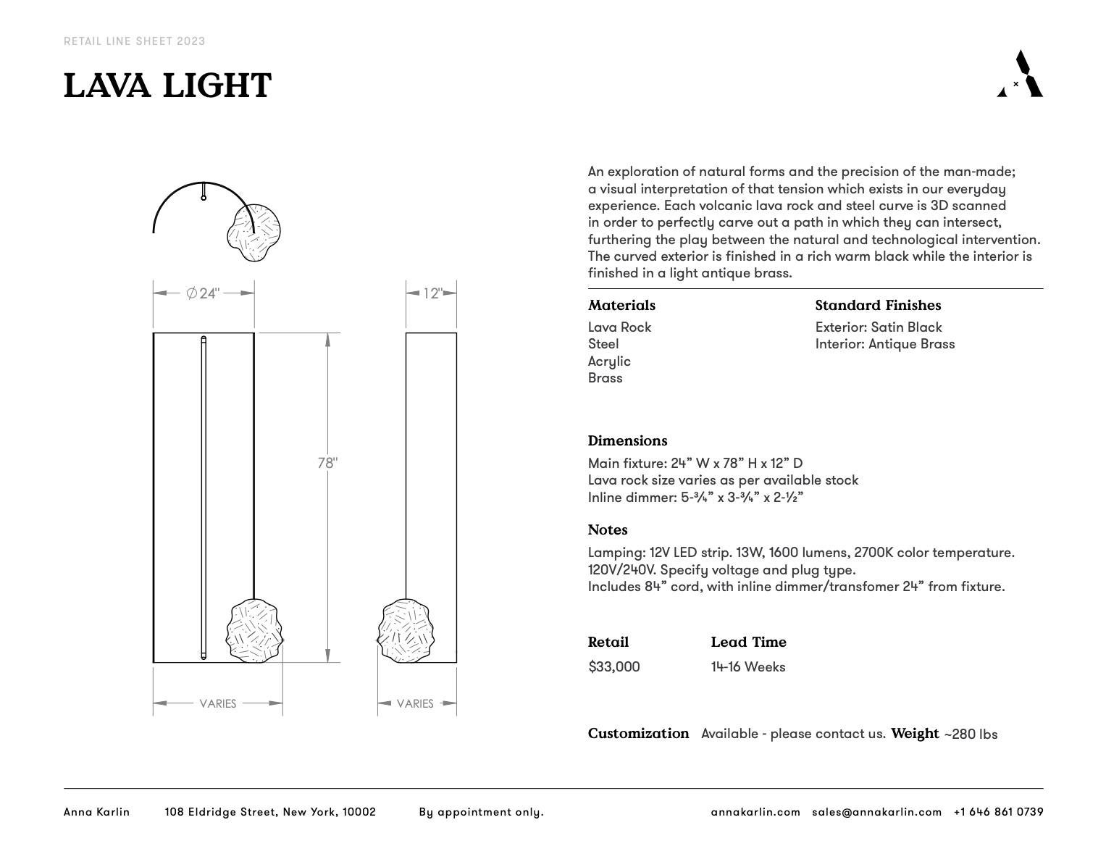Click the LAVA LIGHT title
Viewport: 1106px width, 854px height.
click(x=167, y=85)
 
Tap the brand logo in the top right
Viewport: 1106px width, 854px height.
click(x=1020, y=74)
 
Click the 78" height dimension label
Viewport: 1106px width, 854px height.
click(x=327, y=463)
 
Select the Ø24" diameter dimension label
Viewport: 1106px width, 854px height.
click(x=203, y=293)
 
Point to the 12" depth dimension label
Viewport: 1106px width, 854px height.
click(x=432, y=293)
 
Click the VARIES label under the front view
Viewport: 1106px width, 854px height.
click(x=217, y=703)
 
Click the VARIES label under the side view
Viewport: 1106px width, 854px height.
click(x=415, y=703)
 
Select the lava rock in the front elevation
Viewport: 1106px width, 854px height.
click(x=254, y=631)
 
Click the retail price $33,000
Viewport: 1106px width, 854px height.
click(x=614, y=666)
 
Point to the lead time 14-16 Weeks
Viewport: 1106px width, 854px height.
click(x=747, y=666)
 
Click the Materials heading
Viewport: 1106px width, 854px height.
click(x=621, y=306)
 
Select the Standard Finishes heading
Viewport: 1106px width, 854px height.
click(x=878, y=306)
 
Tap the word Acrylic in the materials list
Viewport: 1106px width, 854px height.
click(x=609, y=361)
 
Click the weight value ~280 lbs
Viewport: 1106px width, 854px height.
click(x=971, y=734)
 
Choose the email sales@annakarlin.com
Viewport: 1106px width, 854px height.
click(x=876, y=812)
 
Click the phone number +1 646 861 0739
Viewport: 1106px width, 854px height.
click(x=998, y=812)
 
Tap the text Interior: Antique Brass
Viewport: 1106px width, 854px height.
click(x=884, y=344)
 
